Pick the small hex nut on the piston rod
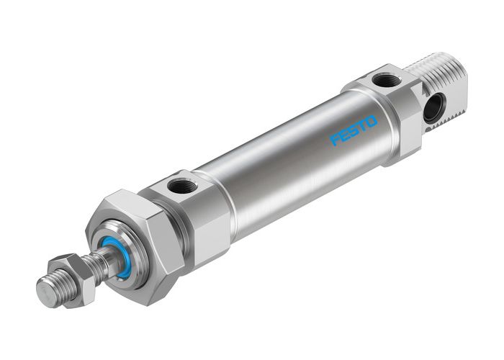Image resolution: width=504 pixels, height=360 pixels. pos(81,278)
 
